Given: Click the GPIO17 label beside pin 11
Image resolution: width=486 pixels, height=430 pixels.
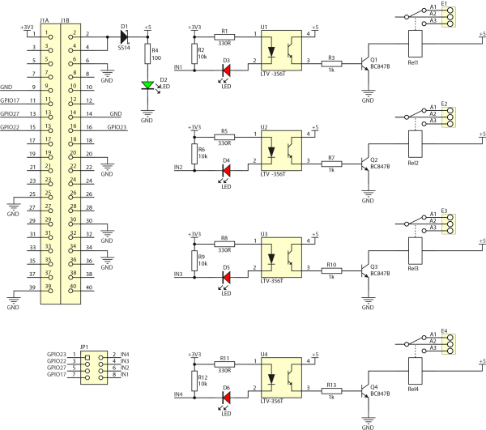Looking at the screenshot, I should pyautogui.click(x=11, y=100).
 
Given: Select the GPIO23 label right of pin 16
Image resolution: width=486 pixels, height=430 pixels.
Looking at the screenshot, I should pyautogui.click(x=117, y=127).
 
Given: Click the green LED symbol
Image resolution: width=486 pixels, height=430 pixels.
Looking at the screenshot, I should pyautogui.click(x=147, y=83).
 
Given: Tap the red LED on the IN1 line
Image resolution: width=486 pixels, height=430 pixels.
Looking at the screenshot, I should pyautogui.click(x=226, y=71).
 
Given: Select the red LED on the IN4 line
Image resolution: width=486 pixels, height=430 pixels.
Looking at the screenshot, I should pyautogui.click(x=226, y=397).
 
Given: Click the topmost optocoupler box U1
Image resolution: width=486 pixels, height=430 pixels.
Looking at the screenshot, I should pyautogui.click(x=279, y=51).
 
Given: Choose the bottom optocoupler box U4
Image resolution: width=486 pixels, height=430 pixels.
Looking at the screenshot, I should pyautogui.click(x=279, y=377).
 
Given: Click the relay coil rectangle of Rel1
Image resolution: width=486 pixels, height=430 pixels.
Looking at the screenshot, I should pyautogui.click(x=416, y=44).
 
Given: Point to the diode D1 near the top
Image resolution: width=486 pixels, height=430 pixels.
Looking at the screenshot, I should pyautogui.click(x=125, y=36).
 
